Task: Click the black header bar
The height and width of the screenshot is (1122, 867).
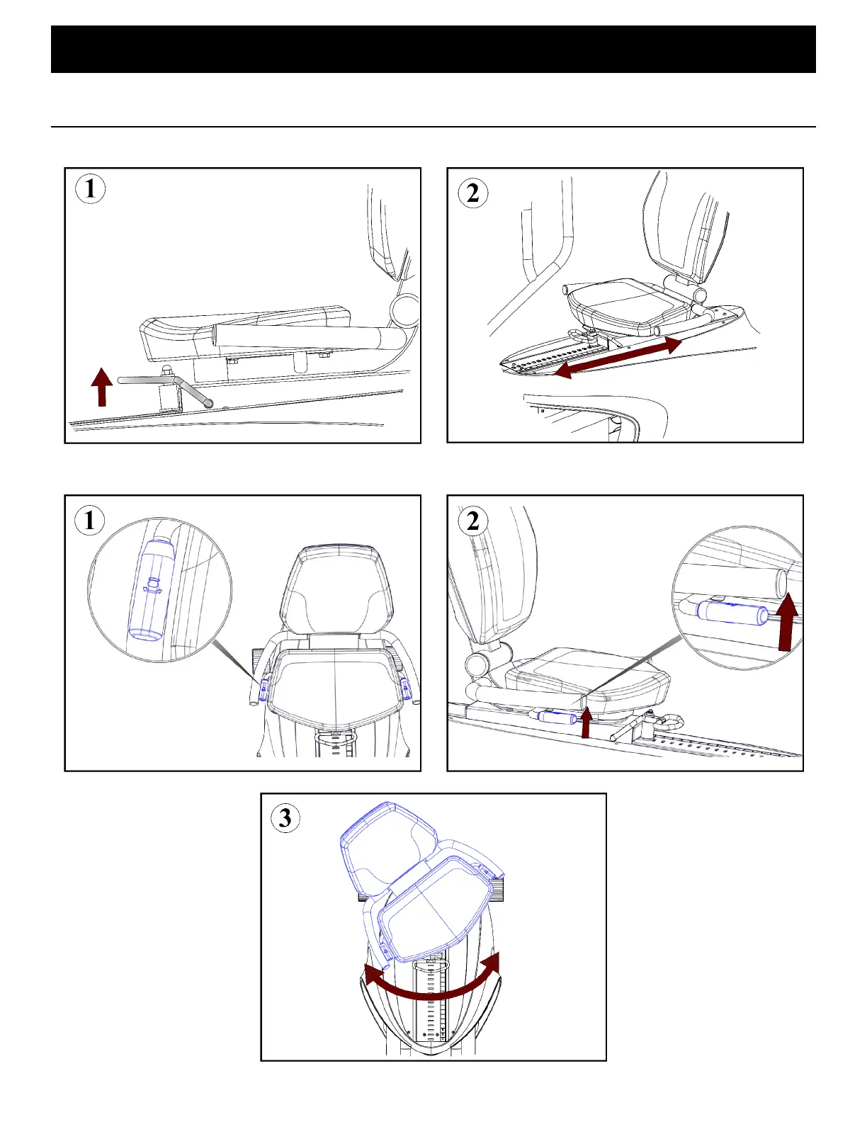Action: (x=433, y=49)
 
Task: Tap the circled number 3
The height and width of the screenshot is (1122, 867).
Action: (x=285, y=818)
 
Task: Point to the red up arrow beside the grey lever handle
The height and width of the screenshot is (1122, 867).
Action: (x=102, y=387)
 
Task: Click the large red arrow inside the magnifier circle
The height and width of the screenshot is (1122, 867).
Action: (x=787, y=621)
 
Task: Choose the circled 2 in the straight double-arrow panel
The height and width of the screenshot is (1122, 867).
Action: (x=472, y=193)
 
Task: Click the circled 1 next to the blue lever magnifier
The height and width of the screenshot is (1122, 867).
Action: (x=90, y=520)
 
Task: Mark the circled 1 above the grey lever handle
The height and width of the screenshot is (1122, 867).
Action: (x=91, y=188)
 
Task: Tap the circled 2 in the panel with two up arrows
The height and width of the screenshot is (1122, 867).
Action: (x=473, y=521)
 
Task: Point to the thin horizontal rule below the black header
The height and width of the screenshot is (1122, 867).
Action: (x=433, y=127)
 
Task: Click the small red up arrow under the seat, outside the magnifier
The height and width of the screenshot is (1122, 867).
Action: (x=586, y=723)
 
